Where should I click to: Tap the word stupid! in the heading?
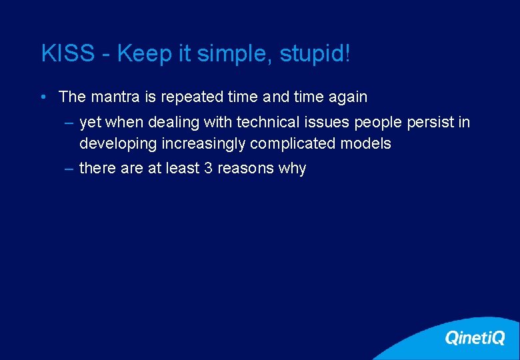point(315,54)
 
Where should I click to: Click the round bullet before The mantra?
point(42,97)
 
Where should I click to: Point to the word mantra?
point(115,97)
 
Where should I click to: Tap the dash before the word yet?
point(69,123)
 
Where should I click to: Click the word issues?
point(325,123)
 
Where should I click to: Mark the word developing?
point(113,143)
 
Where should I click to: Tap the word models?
point(365,143)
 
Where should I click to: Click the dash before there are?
point(69,168)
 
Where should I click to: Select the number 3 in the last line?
point(208,168)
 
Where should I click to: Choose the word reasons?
point(245,168)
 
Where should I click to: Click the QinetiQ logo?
point(475,338)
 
